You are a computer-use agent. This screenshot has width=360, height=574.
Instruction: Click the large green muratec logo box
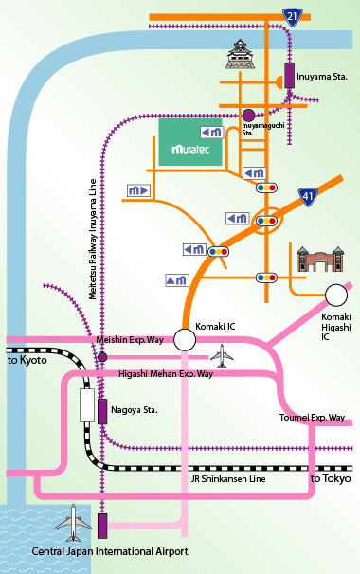click(189, 143)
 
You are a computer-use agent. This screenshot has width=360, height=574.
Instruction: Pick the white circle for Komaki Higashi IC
click(336, 295)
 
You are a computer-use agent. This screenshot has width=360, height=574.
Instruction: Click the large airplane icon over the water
click(72, 522)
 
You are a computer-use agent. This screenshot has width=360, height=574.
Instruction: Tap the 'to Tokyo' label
click(330, 479)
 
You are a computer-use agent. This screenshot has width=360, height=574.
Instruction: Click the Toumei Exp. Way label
click(313, 416)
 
